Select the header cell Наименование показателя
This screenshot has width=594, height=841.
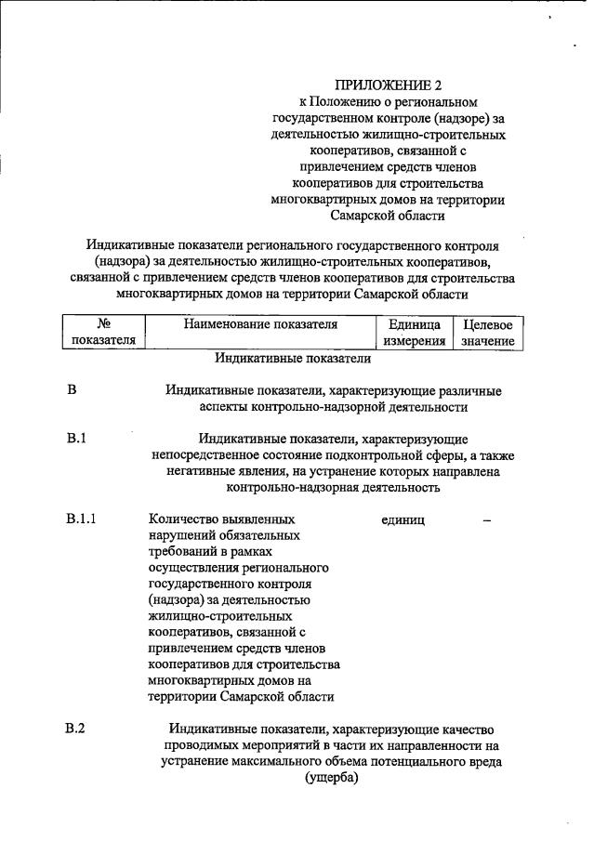[x=259, y=325]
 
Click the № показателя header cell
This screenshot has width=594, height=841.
[x=104, y=333]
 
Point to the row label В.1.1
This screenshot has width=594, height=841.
[x=82, y=519]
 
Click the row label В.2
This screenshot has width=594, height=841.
[x=76, y=729]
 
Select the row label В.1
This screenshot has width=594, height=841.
[x=77, y=438]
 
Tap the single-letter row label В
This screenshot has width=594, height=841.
[x=72, y=389]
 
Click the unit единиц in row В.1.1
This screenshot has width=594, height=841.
[x=403, y=519]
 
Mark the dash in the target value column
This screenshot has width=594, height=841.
[x=487, y=519]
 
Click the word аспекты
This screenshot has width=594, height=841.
[x=224, y=406]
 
